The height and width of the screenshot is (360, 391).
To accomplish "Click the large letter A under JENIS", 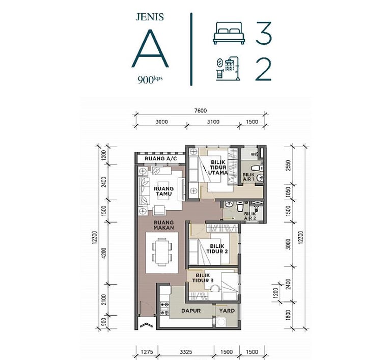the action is (150, 49).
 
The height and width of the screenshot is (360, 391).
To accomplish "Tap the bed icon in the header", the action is (229, 33).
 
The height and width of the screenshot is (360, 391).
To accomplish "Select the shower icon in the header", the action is (229, 69).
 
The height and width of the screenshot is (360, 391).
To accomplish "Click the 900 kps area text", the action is (150, 79).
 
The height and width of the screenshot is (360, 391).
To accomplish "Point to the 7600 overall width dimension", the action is (201, 110).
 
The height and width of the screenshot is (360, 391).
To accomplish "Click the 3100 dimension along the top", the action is (213, 122).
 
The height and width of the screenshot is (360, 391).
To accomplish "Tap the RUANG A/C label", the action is (161, 158).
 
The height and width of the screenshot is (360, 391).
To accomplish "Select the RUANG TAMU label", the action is (163, 191).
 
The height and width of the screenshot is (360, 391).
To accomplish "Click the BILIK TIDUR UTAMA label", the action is (218, 168).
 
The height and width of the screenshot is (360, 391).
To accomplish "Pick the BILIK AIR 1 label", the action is (248, 177).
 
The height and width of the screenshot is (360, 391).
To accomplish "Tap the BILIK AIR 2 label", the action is (250, 216).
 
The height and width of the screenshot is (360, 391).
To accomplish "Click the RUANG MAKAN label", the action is (163, 225).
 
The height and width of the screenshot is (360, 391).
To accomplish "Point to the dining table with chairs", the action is (162, 252).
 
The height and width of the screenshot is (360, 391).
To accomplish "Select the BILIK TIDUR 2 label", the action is (217, 248).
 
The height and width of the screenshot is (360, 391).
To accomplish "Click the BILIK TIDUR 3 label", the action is (203, 278).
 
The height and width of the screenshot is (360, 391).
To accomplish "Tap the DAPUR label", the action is (191, 311).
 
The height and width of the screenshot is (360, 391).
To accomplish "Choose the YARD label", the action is (227, 311).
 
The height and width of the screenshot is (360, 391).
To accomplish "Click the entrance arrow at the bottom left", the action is (147, 324).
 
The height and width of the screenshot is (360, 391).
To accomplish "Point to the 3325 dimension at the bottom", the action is (186, 352).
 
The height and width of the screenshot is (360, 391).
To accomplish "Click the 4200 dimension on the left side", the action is (104, 253).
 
